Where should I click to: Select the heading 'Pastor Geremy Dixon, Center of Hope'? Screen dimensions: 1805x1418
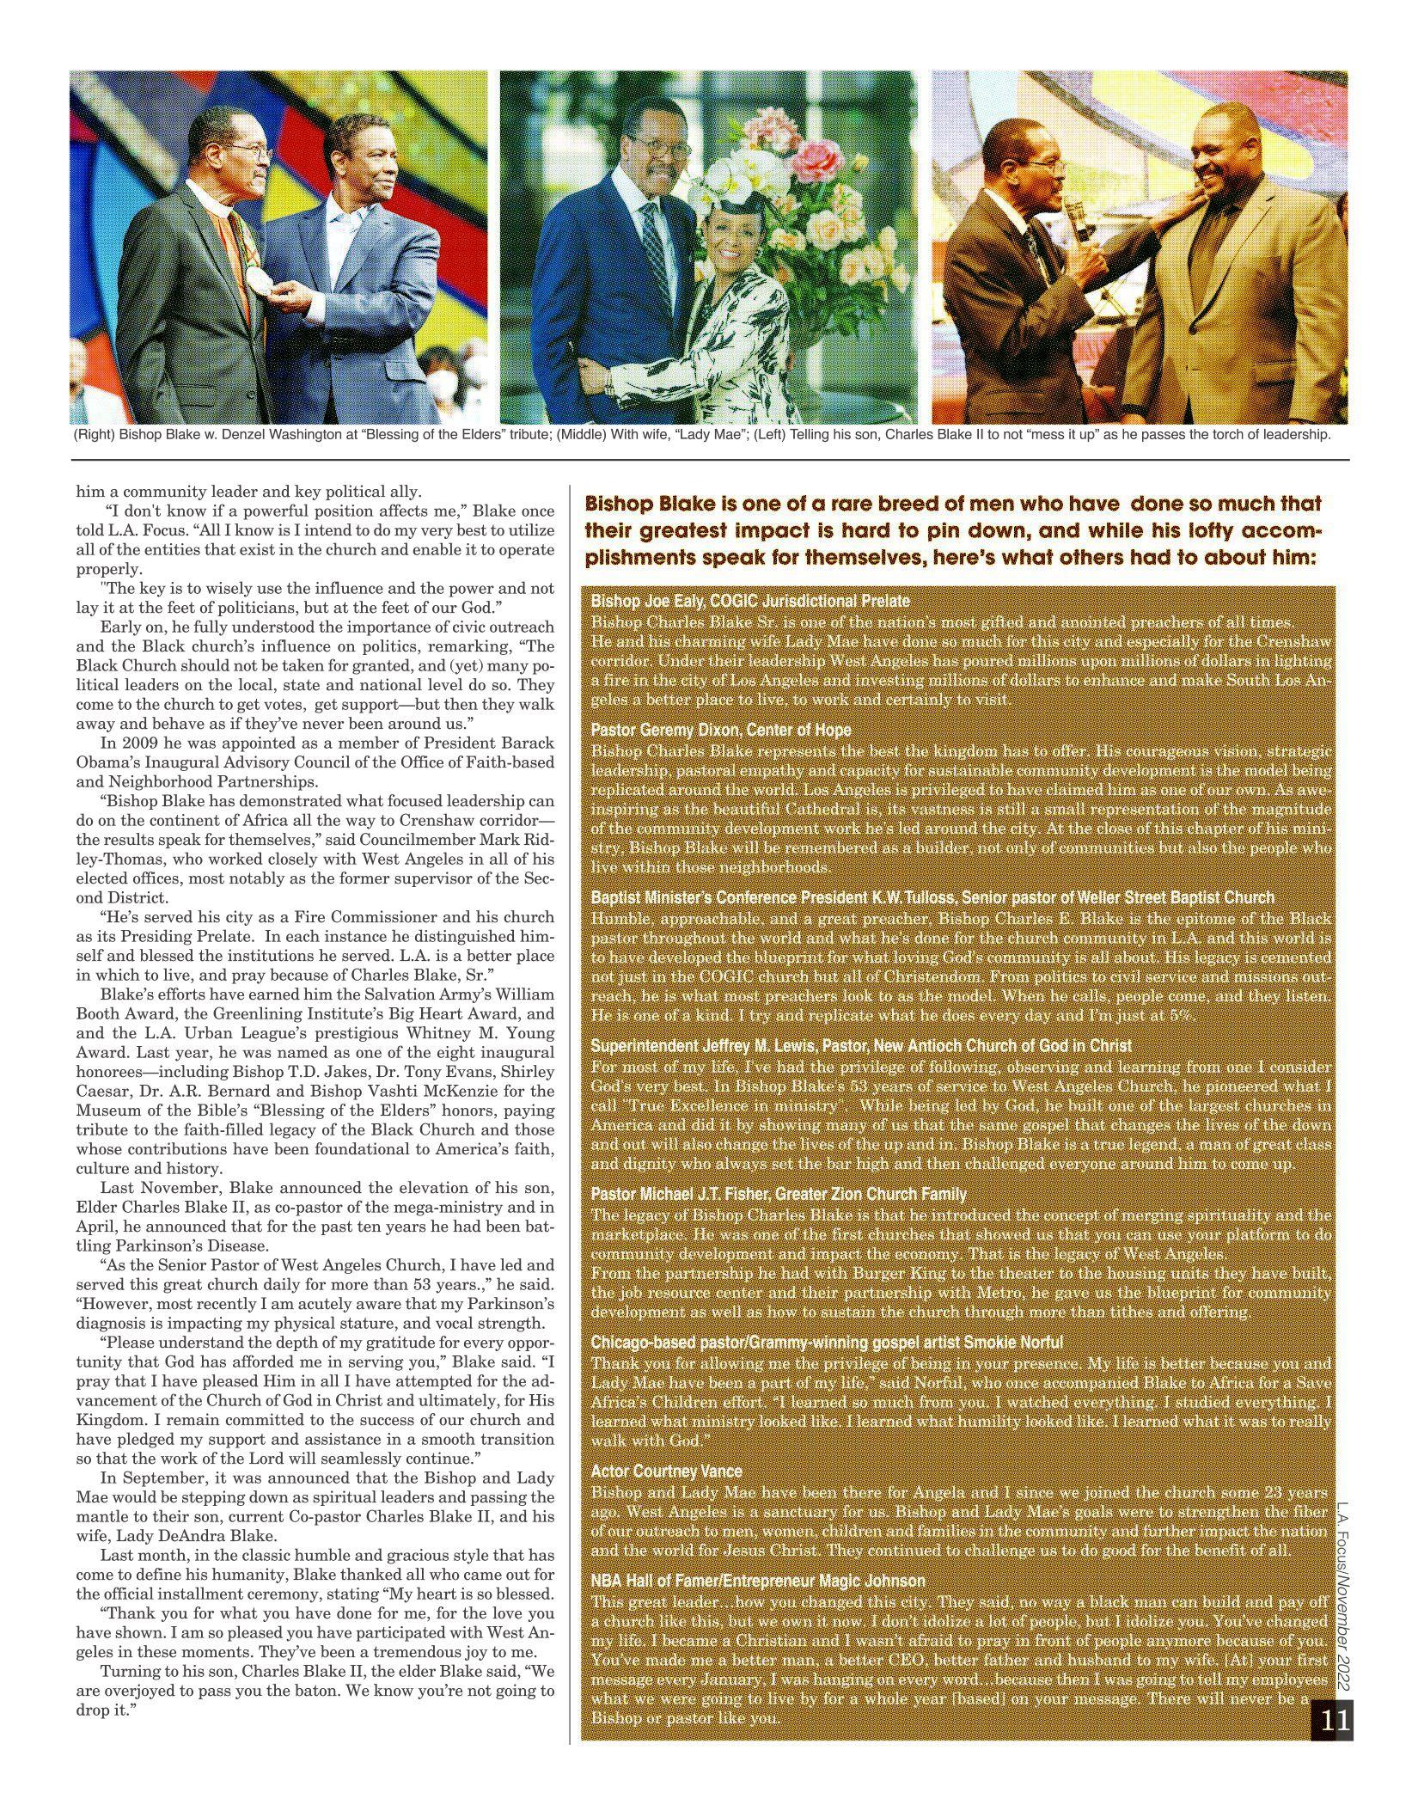pyautogui.click(x=721, y=731)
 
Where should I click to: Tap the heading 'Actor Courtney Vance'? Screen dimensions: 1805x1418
pyautogui.click(x=666, y=1472)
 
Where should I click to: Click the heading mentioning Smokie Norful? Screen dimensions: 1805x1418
pyautogui.click(x=827, y=1343)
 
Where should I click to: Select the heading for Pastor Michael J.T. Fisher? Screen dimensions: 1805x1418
pyautogui.click(x=779, y=1195)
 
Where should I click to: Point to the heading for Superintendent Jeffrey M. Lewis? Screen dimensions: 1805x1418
pyautogui.click(x=861, y=1046)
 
